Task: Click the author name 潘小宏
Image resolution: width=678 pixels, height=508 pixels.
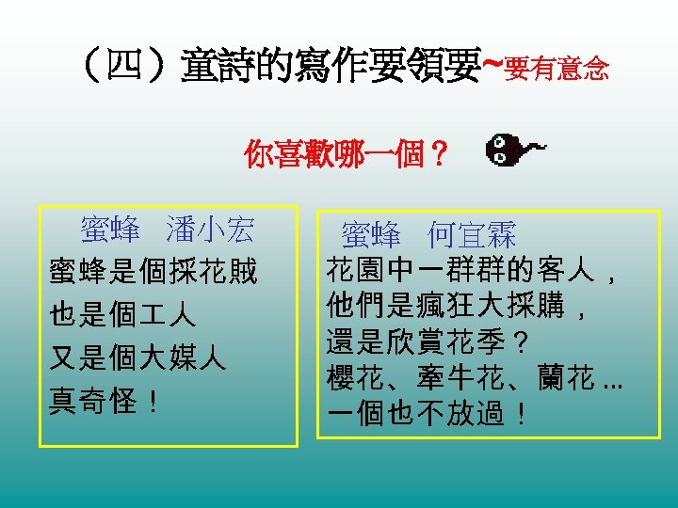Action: point(209,230)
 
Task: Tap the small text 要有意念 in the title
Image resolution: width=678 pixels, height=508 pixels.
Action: point(557,69)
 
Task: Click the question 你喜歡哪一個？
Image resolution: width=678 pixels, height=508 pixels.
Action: point(345,152)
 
